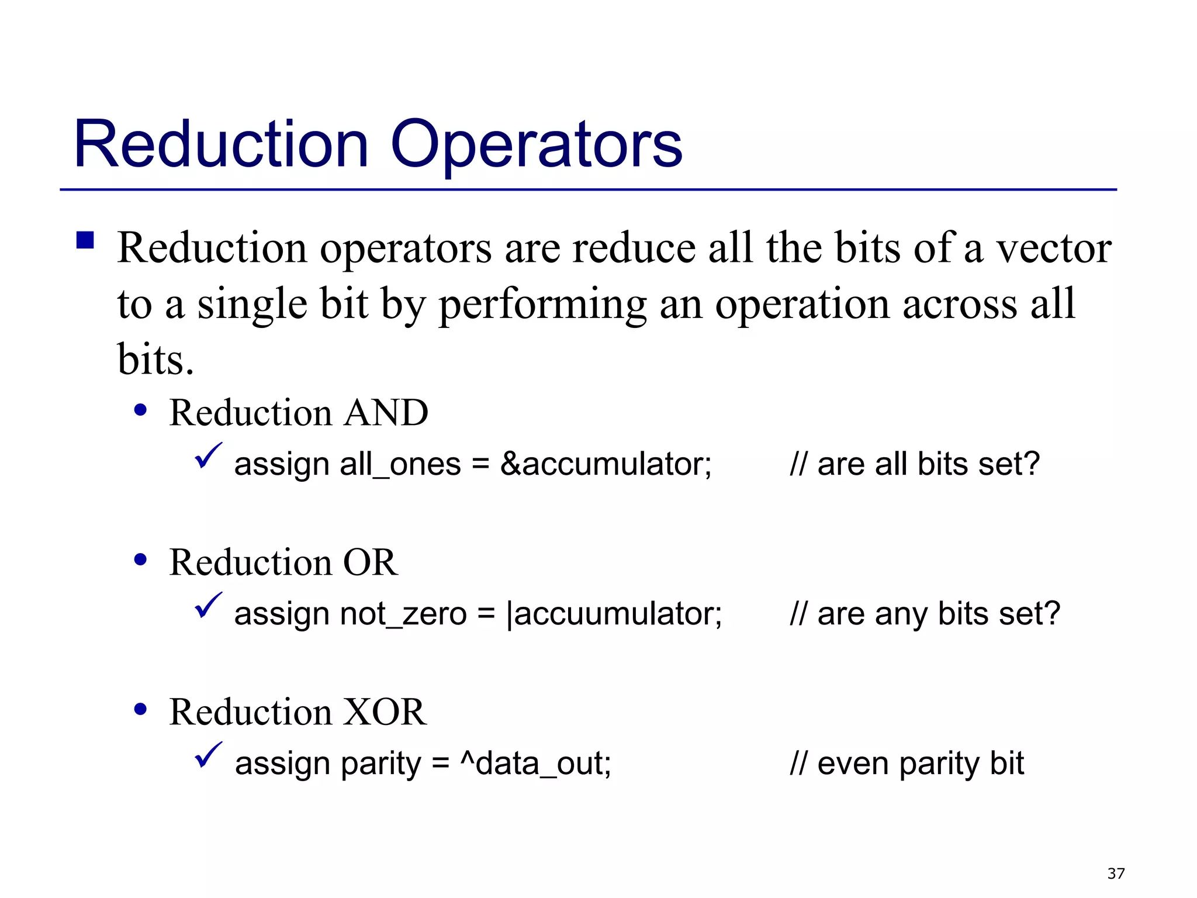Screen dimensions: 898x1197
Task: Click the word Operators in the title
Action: coord(536,144)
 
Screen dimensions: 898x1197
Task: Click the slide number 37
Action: coord(1116,873)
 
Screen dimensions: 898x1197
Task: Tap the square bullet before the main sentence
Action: coord(85,240)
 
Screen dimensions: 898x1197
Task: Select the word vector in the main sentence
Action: coord(1053,248)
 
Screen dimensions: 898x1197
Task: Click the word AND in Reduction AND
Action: coord(386,413)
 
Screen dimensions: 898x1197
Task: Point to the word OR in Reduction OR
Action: coord(370,562)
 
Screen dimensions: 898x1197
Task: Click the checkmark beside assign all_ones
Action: coord(207,455)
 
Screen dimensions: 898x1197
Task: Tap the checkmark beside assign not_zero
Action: coord(207,605)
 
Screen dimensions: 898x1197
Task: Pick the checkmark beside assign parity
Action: coord(207,755)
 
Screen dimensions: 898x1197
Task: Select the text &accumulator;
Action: coord(606,465)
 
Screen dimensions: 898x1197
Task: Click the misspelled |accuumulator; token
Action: coord(614,614)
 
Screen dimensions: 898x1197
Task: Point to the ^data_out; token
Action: coord(535,764)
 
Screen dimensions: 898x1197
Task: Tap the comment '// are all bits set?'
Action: coord(915,465)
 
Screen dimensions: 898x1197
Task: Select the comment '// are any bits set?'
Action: coord(925,614)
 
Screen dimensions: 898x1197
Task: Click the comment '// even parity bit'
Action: coord(907,764)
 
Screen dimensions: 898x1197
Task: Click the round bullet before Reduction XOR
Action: coord(140,710)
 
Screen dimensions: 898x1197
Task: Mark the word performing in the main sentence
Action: coord(542,305)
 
